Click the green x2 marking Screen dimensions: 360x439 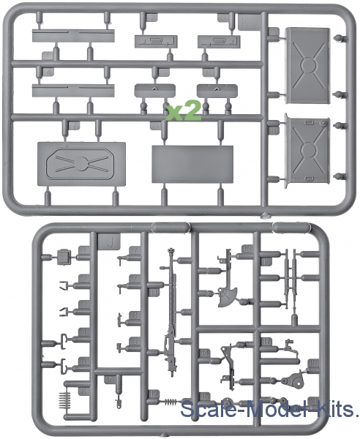pyautogui.click(x=184, y=111)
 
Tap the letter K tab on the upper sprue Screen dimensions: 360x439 pyautogui.click(x=247, y=23)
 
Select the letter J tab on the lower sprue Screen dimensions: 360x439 pyautogui.click(x=110, y=242)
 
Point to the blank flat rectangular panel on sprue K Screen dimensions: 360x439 pyautogui.click(x=192, y=164)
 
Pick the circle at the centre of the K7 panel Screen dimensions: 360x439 pyautogui.click(x=80, y=163)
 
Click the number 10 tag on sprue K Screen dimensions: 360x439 pyautogui.click(x=274, y=131)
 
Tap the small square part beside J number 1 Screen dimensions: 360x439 pyautogui.click(x=64, y=257)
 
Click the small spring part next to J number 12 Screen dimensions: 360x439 pyautogui.click(x=170, y=402)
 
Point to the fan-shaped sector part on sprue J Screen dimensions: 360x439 pyautogui.click(x=228, y=297)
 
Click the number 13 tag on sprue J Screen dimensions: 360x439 pyautogui.click(x=247, y=249)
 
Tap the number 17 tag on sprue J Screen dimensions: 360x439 pyautogui.click(x=266, y=342)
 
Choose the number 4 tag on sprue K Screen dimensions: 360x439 pyautogui.click(x=49, y=72)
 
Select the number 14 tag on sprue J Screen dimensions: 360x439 pyautogui.click(x=205, y=353)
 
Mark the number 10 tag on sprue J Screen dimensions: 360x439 pyautogui.click(x=110, y=380)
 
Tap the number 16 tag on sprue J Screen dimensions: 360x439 pyautogui.click(x=266, y=262)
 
